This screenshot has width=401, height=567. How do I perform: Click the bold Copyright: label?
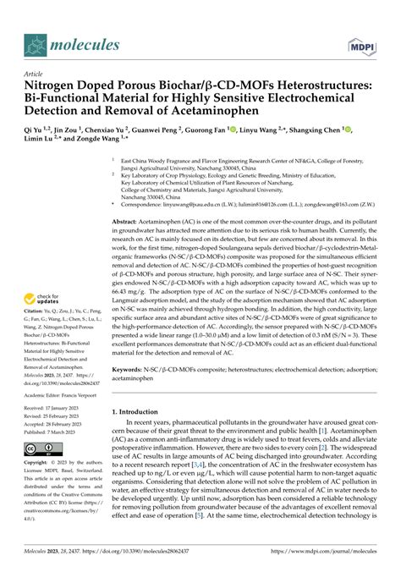click(x=42, y=463)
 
